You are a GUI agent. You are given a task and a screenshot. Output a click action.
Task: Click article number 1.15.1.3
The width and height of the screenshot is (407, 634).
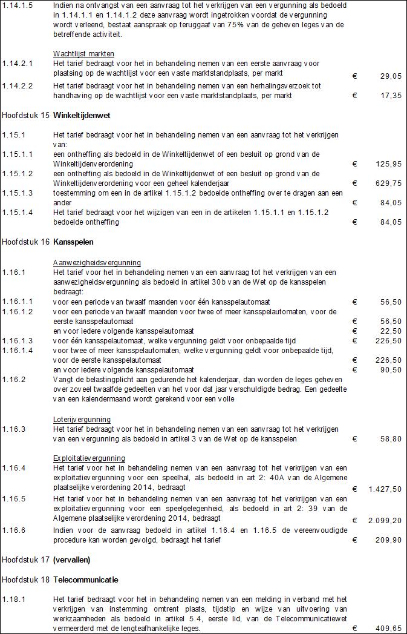tap(18, 193)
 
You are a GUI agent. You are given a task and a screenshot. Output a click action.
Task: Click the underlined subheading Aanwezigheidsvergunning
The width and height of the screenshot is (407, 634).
tap(97, 263)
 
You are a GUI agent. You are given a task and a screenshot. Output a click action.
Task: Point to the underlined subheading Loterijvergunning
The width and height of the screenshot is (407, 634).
tap(82, 419)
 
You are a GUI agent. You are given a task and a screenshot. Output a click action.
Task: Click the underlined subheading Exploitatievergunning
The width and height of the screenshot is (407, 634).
tap(89, 458)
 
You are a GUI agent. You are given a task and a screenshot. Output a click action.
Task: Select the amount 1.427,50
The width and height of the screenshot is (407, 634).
tap(384, 489)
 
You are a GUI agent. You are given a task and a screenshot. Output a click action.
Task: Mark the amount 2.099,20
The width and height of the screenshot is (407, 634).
tap(384, 520)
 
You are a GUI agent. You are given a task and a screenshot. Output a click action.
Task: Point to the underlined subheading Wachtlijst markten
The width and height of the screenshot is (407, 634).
tap(83, 54)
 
